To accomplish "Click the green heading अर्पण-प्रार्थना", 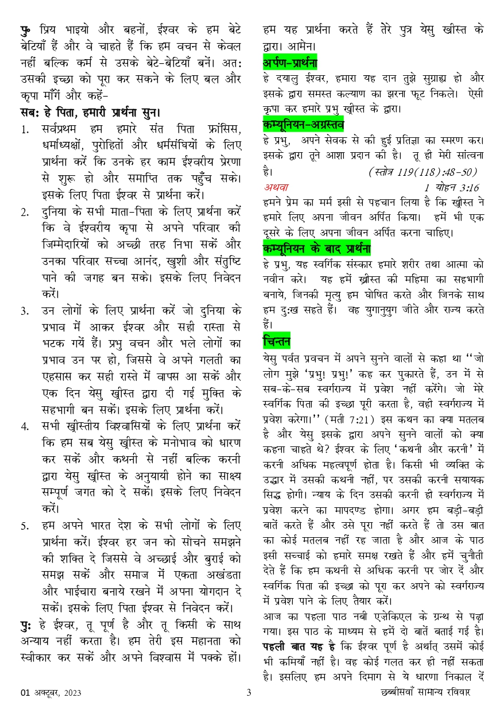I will point(290,62).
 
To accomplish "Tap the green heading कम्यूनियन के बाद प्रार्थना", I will point(316,248).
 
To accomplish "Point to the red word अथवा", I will point(276,187).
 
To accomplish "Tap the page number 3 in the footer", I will point(249,692).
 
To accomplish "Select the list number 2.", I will point(25,212).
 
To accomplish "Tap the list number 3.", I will point(25,311).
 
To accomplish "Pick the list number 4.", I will point(25,427).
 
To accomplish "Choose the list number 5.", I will point(25,526).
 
